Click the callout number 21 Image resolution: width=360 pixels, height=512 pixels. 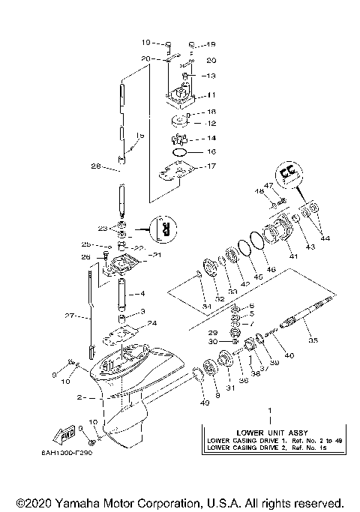(157, 256)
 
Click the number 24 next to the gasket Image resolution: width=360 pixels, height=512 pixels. (152, 323)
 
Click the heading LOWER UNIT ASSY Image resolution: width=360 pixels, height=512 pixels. (270, 433)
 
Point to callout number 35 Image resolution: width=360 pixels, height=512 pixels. (313, 340)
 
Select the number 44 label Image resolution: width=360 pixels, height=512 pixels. (325, 238)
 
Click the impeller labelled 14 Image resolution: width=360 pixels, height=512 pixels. (183, 138)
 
